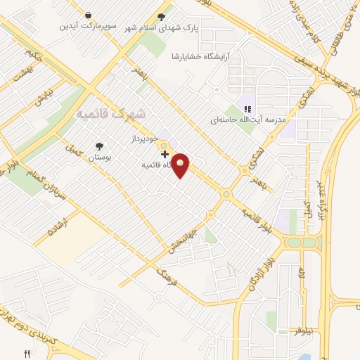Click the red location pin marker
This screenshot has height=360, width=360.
[181, 165]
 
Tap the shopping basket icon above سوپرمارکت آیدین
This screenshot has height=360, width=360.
[86, 15]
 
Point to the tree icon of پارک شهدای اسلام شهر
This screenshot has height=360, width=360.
[162, 16]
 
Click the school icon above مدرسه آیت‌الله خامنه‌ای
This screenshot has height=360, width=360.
[247, 108]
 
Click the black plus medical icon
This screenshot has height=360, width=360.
[165, 154]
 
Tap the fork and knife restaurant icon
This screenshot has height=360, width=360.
[27, 354]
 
